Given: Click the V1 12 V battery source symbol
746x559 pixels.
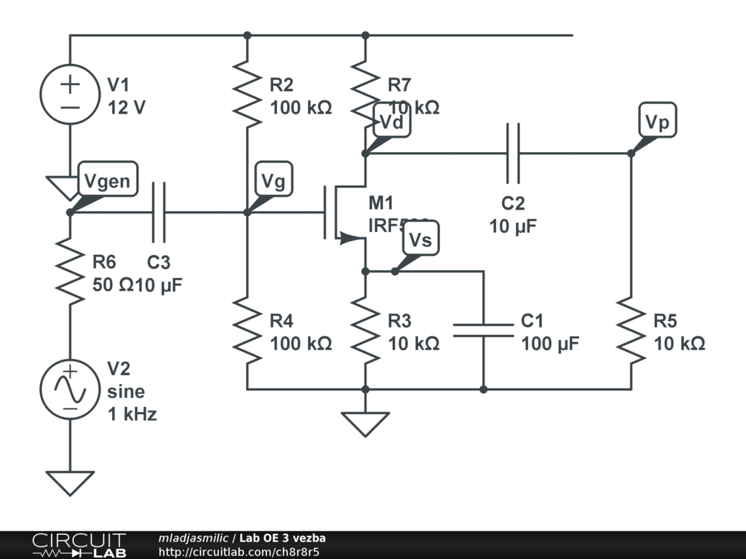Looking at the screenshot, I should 70,95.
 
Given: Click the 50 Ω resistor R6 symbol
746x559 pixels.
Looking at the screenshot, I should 70,271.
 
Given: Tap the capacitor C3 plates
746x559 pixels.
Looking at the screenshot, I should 159,213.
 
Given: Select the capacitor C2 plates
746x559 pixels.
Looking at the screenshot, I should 513,153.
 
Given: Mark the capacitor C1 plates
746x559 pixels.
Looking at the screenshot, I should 483,330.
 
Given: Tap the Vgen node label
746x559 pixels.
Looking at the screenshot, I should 106,181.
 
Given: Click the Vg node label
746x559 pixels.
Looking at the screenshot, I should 273,181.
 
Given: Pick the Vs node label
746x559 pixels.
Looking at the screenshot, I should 420,239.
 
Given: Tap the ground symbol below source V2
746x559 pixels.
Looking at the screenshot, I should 70,483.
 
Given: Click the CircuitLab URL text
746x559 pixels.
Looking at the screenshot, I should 239,552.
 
